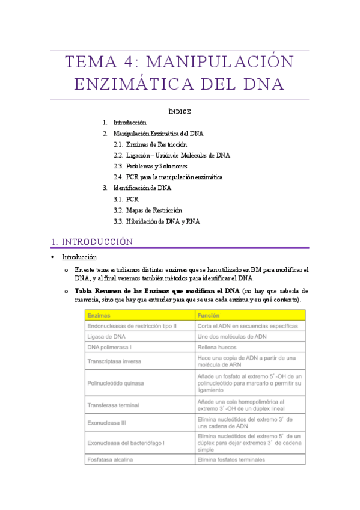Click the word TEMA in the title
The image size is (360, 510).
[x=89, y=63]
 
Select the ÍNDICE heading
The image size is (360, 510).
[x=180, y=111]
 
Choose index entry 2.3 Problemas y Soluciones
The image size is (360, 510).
[x=157, y=166]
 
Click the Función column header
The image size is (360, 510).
[x=209, y=315]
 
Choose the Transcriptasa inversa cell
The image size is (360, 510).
[x=114, y=361]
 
